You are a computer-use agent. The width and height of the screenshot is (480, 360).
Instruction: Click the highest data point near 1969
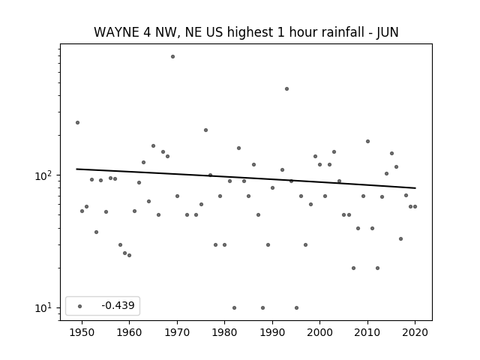pyautogui.click(x=172, y=57)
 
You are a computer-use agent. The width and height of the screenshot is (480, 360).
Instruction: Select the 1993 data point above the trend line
pyautogui.click(x=286, y=88)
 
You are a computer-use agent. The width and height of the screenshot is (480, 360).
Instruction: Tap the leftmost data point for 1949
pyautogui.click(x=77, y=123)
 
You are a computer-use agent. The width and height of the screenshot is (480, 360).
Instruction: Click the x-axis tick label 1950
pyautogui.click(x=82, y=332)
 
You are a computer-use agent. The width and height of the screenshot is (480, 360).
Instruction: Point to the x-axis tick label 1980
pyautogui.click(x=224, y=332)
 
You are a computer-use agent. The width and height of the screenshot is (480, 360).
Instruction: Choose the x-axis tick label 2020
pyautogui.click(x=415, y=332)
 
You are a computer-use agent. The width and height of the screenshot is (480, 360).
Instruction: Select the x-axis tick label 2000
pyautogui.click(x=319, y=332)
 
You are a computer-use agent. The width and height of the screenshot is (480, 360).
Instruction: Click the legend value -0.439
pyautogui.click(x=118, y=305)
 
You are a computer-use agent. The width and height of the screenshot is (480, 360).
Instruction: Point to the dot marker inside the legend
pyautogui.click(x=80, y=306)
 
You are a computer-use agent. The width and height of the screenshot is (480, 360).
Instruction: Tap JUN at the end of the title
pyautogui.click(x=387, y=32)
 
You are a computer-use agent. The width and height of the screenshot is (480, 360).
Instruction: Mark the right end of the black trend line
pyautogui.click(x=415, y=188)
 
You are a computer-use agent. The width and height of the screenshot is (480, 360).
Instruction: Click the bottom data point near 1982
pyautogui.click(x=234, y=308)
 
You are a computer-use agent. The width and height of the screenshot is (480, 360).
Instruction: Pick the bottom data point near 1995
pyautogui.click(x=296, y=308)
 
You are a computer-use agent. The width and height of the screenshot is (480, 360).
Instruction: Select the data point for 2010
pyautogui.click(x=367, y=142)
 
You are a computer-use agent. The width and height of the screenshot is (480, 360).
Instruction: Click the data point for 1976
pyautogui.click(x=205, y=130)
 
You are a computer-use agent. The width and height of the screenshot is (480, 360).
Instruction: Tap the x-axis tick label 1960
pyautogui.click(x=129, y=332)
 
